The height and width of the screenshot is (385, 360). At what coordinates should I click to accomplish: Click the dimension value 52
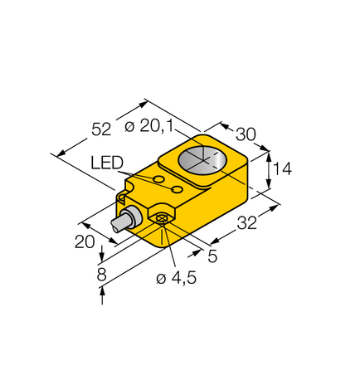[100, 129]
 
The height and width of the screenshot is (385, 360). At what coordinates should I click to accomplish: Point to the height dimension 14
[282, 169]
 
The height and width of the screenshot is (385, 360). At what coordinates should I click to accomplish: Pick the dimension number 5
[213, 256]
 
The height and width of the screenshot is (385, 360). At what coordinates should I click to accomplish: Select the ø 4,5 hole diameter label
[176, 279]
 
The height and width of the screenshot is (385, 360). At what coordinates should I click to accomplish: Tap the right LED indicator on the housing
[177, 190]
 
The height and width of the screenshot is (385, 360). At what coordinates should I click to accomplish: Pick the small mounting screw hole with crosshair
[163, 218]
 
